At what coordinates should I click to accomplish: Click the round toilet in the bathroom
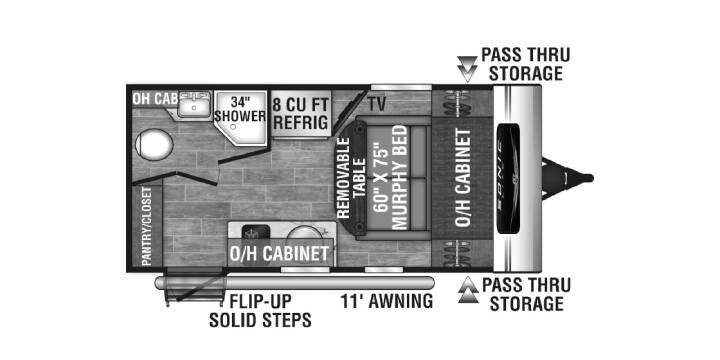click(x=154, y=144)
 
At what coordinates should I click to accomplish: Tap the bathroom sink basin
click(x=194, y=104)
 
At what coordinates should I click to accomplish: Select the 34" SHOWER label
click(x=240, y=108)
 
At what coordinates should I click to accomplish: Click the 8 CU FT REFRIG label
click(x=301, y=113)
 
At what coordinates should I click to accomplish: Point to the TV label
click(x=376, y=105)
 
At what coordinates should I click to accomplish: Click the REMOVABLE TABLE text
click(x=351, y=178)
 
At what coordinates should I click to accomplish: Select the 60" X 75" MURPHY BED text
click(x=391, y=177)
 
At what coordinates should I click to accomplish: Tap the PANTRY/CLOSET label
click(x=146, y=226)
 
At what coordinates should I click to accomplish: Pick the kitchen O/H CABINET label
click(x=279, y=253)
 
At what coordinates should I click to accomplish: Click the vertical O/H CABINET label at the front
click(x=463, y=177)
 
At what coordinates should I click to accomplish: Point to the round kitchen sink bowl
click(x=300, y=233)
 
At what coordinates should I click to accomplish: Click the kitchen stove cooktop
click(x=251, y=232)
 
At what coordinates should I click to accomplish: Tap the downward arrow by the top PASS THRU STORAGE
click(x=467, y=68)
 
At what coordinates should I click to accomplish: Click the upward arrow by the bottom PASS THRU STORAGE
click(x=468, y=290)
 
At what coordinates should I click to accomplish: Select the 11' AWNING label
click(x=386, y=301)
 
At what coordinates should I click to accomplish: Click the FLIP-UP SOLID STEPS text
click(x=260, y=311)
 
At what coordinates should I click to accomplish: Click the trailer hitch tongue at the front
click(x=567, y=178)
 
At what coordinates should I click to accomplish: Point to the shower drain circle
click(x=233, y=126)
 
